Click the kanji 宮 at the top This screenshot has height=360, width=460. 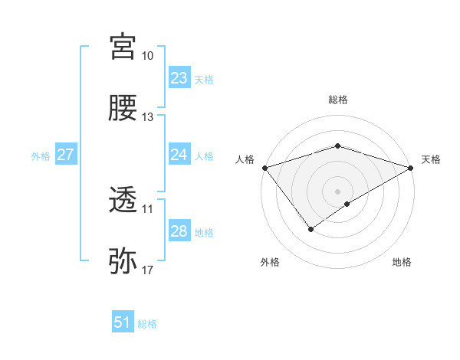pyautogui.click(x=123, y=47)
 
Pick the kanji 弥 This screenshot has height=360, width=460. pyautogui.click(x=123, y=261)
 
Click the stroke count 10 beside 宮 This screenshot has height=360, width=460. pyautogui.click(x=148, y=56)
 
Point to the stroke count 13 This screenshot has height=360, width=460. pyautogui.click(x=148, y=117)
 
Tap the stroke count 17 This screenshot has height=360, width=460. pyautogui.click(x=148, y=270)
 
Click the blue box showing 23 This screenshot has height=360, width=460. pyautogui.click(x=179, y=78)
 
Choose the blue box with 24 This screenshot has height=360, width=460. pyautogui.click(x=179, y=155)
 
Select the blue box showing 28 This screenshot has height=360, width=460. pyautogui.click(x=179, y=231)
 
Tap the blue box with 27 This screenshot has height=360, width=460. pyautogui.click(x=65, y=155)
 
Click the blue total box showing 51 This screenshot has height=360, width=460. pyautogui.click(x=123, y=322)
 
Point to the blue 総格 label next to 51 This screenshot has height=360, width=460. pyautogui.click(x=147, y=324)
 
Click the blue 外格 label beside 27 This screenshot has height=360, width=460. pyautogui.click(x=41, y=155)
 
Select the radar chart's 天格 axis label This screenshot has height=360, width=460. pyautogui.click(x=431, y=159)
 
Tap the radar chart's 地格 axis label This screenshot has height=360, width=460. pyautogui.click(x=402, y=262)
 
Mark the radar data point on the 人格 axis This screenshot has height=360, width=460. pyautogui.click(x=264, y=167)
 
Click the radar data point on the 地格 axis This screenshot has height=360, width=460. pyautogui.click(x=347, y=204)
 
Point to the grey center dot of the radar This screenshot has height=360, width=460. pyautogui.click(x=337, y=190)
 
